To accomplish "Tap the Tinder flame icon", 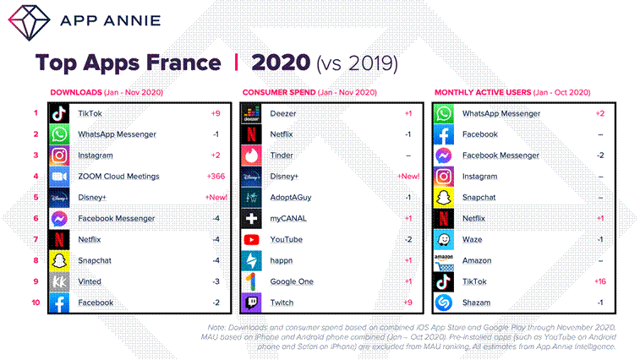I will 251,155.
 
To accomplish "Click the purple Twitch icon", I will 251,303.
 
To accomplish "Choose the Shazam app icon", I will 445,303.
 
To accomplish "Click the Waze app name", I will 473,239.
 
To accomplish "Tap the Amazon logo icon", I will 445,260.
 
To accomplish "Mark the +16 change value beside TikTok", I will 599,281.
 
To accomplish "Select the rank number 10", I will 36,303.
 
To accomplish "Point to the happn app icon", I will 251,260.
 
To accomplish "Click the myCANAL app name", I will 287,218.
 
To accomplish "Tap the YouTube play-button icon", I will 251,239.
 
